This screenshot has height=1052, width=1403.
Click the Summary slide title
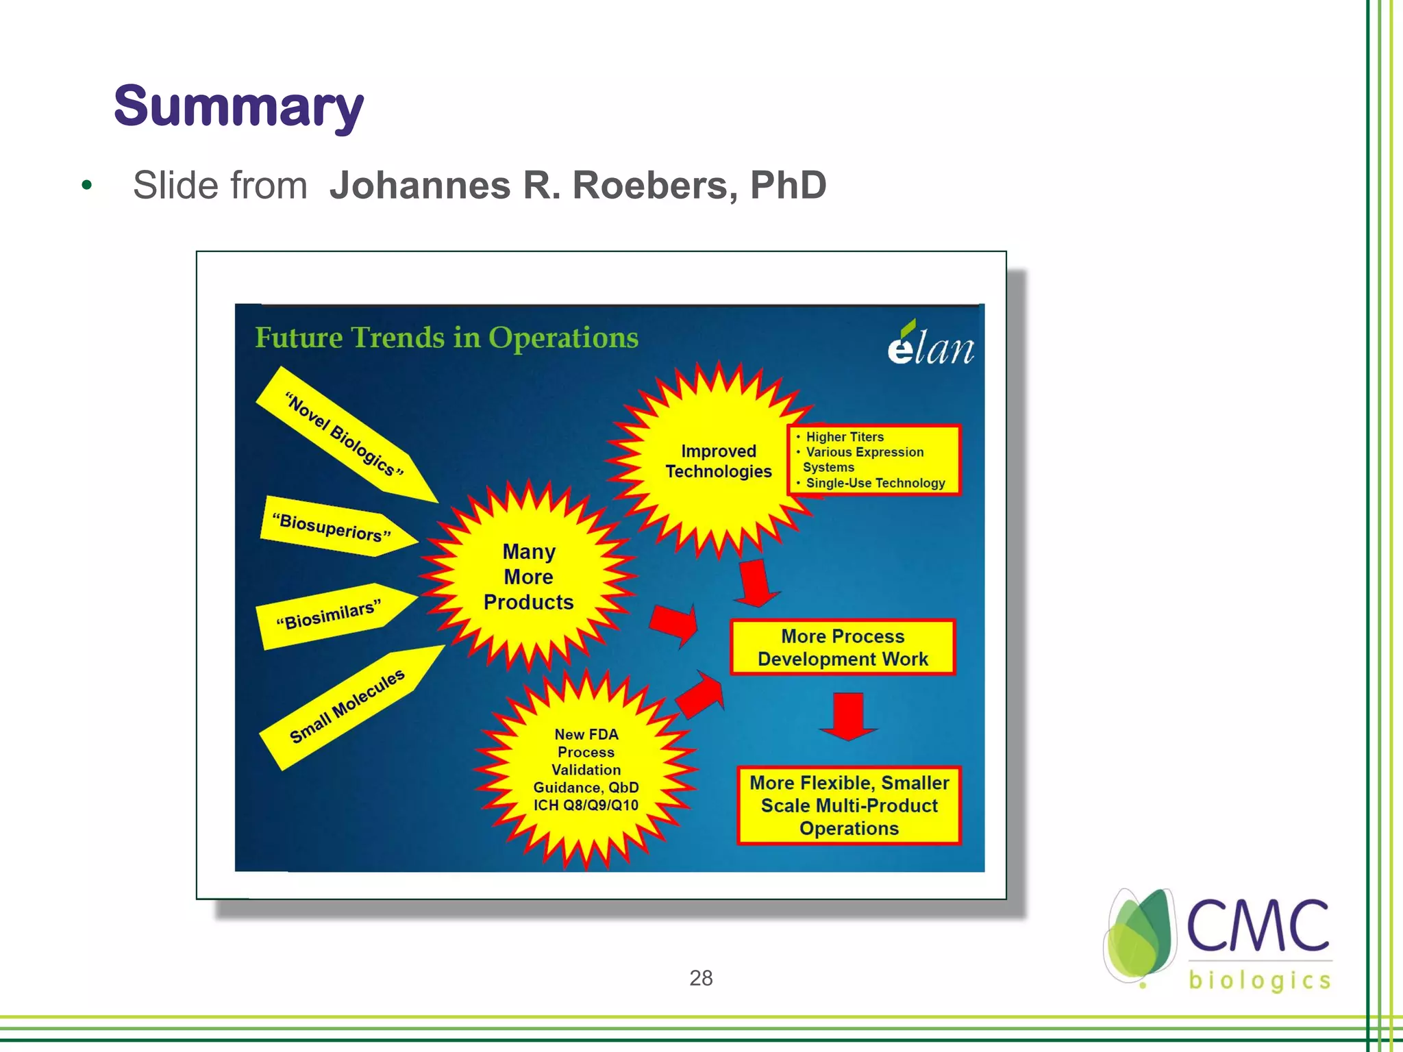(238, 107)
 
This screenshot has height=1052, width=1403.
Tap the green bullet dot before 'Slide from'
(86, 185)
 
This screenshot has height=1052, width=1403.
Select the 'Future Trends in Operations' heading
(446, 338)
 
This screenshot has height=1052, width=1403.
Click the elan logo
(930, 345)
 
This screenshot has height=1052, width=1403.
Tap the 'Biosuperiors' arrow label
(332, 527)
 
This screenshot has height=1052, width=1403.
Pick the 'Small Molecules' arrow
(347, 705)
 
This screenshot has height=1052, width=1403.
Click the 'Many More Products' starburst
(528, 577)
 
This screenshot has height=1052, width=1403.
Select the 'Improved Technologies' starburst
(718, 461)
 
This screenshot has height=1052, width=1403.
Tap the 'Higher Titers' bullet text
(844, 437)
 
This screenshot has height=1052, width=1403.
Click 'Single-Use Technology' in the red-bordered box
(875, 483)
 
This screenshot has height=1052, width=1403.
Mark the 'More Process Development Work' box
(843, 647)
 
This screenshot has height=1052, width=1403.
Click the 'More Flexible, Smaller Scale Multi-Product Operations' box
(849, 805)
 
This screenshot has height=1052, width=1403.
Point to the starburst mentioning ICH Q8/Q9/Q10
(586, 770)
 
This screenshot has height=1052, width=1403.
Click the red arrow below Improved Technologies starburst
(756, 583)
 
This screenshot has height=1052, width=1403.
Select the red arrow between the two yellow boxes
(848, 716)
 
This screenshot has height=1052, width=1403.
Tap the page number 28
(701, 978)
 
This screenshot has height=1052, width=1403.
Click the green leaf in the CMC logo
(1141, 936)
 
